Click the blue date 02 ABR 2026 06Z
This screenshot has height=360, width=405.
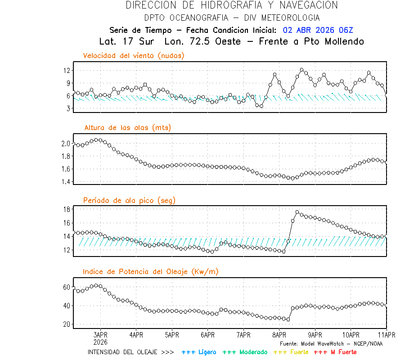318,30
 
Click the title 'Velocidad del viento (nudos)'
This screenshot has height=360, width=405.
134,56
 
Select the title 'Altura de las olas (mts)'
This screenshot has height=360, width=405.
128,128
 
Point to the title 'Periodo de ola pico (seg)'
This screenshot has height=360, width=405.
129,200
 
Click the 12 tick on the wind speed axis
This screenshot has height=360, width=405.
67,71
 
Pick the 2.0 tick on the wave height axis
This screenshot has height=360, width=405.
66,144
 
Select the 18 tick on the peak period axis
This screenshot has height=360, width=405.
67,209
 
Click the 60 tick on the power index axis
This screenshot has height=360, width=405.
67,287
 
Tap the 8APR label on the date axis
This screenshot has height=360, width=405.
279,335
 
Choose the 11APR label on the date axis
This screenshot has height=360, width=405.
386,335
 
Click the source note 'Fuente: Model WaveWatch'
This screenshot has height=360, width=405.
331,343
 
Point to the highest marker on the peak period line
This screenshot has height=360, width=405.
297,212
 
